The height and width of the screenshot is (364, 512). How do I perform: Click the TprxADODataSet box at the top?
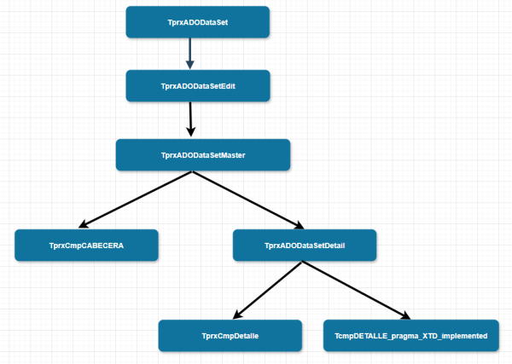(198, 22)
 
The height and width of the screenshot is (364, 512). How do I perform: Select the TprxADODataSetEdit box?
(198, 86)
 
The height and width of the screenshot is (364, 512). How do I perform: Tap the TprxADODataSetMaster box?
(203, 155)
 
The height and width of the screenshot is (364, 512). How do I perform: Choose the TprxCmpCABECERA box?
(87, 246)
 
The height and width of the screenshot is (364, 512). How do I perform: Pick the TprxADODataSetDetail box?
(305, 246)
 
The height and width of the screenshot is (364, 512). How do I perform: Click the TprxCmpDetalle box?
(230, 336)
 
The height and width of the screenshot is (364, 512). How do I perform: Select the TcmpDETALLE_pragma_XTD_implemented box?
(410, 336)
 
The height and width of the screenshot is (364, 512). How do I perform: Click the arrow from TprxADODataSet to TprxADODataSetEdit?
(190, 53)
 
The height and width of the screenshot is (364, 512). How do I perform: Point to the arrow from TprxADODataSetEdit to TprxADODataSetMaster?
(191, 119)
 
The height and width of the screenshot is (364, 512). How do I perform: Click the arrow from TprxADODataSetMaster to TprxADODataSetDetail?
(247, 200)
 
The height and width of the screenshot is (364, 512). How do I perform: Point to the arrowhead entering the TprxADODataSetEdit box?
(190, 65)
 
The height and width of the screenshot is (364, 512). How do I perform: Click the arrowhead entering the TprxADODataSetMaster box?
(192, 133)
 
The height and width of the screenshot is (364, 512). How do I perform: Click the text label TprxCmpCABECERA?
(87, 246)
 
